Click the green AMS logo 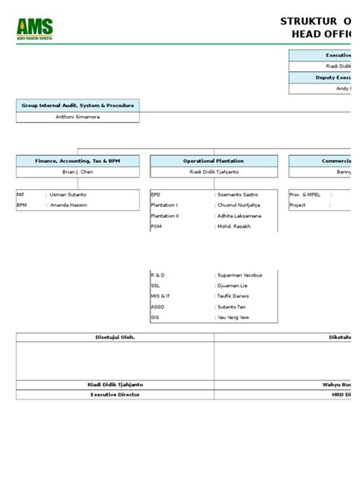coord(34,30)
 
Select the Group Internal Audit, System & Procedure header coord(77,106)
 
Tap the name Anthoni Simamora coord(77,117)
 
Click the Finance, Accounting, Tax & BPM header coord(77,161)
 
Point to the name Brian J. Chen coord(77,172)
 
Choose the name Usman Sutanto coord(69,194)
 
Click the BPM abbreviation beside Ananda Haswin coord(21,205)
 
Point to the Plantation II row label coord(165,216)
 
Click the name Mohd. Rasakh coord(236,226)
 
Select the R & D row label coord(157,275)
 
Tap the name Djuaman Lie coord(233,286)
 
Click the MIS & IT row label coord(160,296)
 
